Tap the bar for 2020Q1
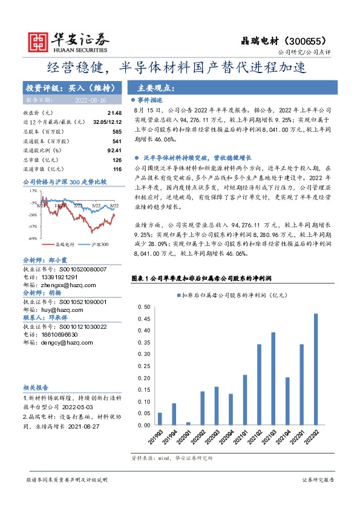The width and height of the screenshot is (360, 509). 188,423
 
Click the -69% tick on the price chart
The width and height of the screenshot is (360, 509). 31,239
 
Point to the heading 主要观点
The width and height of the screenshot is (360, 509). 156,87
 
